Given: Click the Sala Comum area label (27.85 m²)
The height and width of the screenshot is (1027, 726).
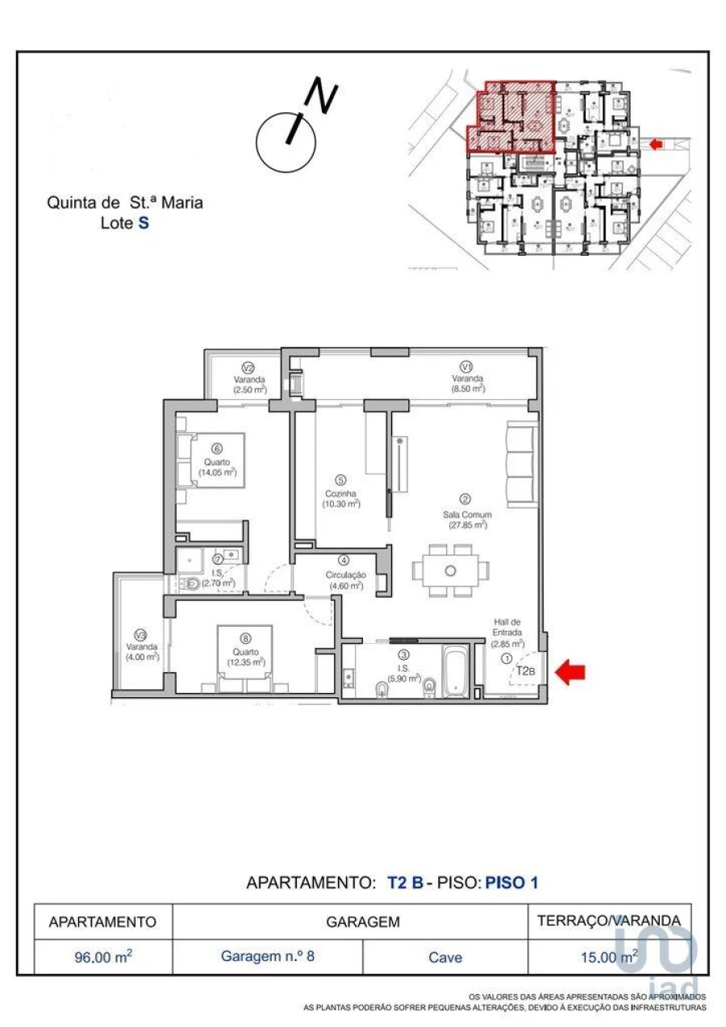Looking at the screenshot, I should [x=466, y=519].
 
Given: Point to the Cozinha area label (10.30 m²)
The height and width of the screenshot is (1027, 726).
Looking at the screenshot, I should [x=340, y=499].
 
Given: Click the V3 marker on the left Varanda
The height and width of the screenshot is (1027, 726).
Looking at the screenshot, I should [x=140, y=633].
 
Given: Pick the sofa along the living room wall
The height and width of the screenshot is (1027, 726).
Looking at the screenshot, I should [x=519, y=463].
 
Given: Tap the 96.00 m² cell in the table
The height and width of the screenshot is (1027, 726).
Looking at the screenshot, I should [x=102, y=957].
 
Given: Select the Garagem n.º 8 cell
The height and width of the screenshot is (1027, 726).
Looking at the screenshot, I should [x=268, y=957].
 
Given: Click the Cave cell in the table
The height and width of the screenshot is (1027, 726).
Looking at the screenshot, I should [x=445, y=957].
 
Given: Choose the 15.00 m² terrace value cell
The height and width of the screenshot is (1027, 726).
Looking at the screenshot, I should [x=609, y=957].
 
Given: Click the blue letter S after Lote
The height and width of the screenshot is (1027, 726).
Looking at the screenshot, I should [x=144, y=223].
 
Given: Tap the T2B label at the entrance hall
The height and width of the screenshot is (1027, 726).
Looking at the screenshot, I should [x=525, y=670].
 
